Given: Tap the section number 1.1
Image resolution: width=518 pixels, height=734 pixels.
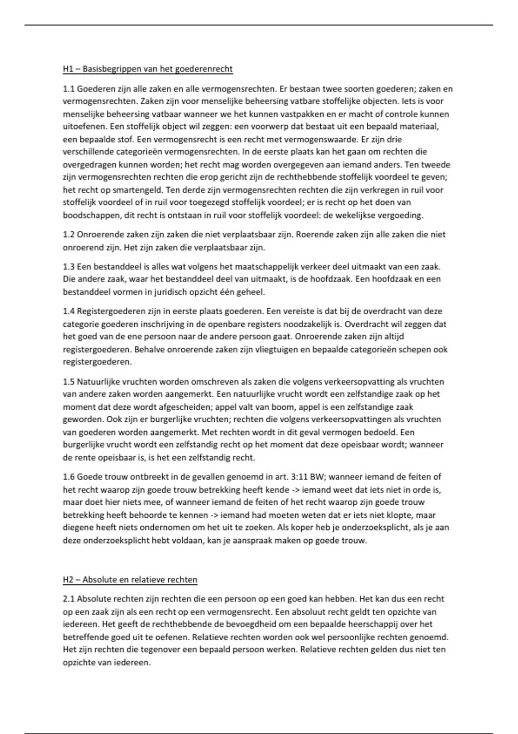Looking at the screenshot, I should click(x=69, y=89).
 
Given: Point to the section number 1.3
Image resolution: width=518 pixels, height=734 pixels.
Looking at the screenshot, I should click(x=69, y=266).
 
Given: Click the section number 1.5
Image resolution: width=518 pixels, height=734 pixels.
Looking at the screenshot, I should click(x=69, y=382).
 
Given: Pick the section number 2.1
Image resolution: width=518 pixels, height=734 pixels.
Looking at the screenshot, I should click(x=69, y=599).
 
